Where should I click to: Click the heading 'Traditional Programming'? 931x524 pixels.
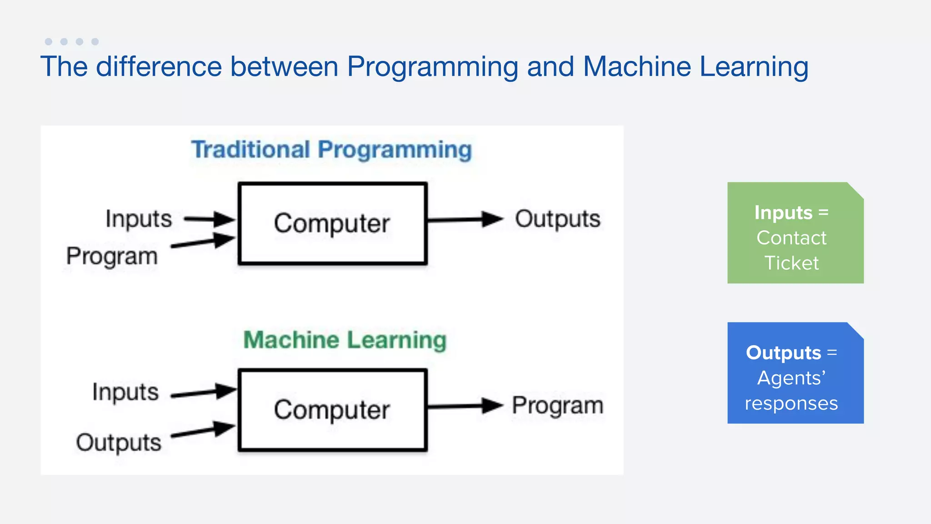331,150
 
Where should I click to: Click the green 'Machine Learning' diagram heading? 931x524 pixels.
345,340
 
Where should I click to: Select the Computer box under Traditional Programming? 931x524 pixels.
332,223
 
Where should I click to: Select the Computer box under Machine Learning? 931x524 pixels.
332,410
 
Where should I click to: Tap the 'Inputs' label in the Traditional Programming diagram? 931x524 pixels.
139,219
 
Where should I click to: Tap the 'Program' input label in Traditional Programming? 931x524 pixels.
112,256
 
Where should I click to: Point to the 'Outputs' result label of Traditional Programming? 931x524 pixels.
557,219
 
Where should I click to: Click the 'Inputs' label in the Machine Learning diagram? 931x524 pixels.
125,392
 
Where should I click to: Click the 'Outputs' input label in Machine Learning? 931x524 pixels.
119,443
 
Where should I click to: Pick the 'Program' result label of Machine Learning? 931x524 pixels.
558,405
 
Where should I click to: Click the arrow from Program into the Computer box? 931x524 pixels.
203,242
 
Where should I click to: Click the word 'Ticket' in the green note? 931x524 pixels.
791,263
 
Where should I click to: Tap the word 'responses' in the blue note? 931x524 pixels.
791,403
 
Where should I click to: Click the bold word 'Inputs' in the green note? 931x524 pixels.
783,212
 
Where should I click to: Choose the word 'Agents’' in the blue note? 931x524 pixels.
791,378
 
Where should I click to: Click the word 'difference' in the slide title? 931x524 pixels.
159,66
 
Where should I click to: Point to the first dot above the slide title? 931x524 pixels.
49,41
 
